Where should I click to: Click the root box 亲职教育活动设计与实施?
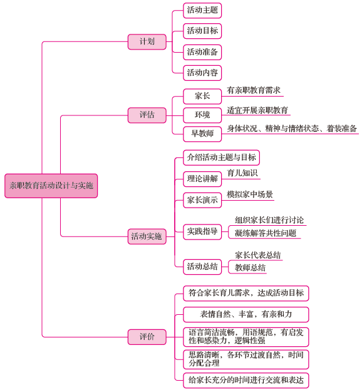click(x=51, y=186)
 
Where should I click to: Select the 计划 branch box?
click(x=147, y=42)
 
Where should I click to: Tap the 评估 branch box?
click(x=147, y=115)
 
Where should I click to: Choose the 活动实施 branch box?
click(x=147, y=236)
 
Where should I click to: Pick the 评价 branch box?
click(x=147, y=337)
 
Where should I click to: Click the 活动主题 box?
click(x=202, y=11)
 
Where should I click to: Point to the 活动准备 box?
click(x=202, y=52)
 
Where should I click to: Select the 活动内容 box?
click(x=202, y=73)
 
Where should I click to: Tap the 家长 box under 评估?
click(x=202, y=96)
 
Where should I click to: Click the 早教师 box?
click(x=202, y=134)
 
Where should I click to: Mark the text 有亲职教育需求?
click(x=254, y=90)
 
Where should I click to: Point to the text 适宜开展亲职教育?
click(x=257, y=110)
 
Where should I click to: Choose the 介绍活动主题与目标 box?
click(x=222, y=157)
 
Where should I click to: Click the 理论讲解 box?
click(x=202, y=179)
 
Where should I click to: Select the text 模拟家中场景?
click(x=250, y=194)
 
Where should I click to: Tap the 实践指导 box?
click(x=202, y=231)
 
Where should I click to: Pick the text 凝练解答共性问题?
click(x=266, y=233)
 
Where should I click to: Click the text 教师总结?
click(x=250, y=268)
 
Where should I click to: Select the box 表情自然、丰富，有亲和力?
click(x=246, y=314)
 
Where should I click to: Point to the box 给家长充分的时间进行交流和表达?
click(x=246, y=381)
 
